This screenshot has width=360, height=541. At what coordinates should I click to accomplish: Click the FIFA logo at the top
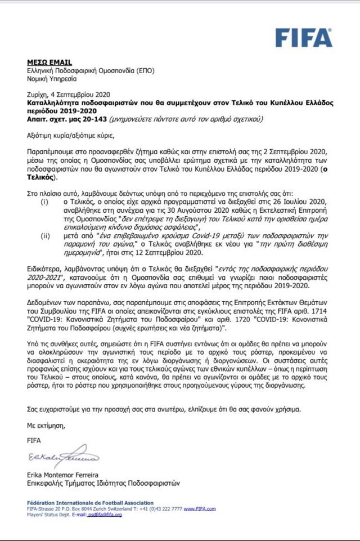coord(303,38)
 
